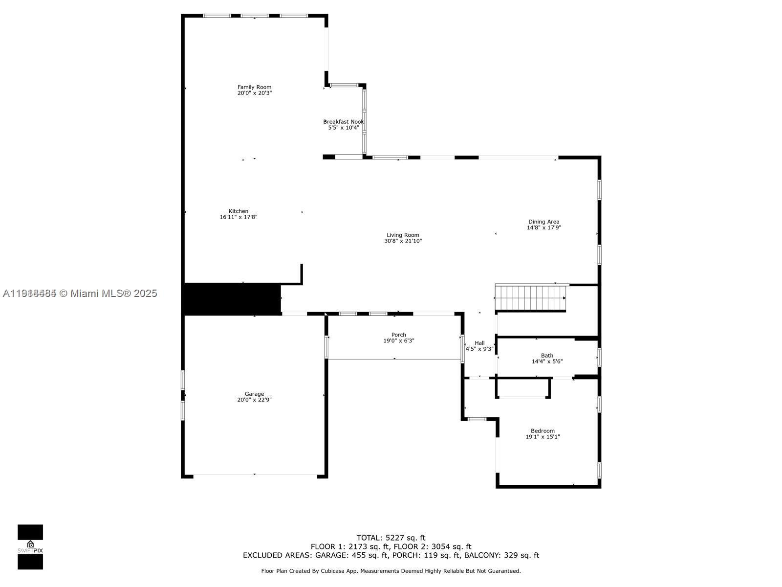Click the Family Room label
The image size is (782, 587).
click(254, 87)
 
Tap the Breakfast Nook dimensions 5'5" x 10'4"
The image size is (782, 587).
click(344, 128)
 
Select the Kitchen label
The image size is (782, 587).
click(239, 211)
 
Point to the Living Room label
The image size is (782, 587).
click(403, 235)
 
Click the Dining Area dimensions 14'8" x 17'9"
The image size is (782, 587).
click(543, 227)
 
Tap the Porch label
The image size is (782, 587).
click(398, 335)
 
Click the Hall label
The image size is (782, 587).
click(479, 343)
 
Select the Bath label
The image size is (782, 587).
click(547, 356)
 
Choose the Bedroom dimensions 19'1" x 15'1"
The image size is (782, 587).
click(543, 437)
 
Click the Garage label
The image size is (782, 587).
click(254, 394)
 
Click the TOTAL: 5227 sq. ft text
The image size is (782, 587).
click(391, 538)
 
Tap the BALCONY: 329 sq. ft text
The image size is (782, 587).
click(501, 555)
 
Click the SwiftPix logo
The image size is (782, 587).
click(30, 547)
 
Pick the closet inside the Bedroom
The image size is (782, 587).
click(523, 388)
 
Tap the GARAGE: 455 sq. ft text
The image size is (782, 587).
click(352, 555)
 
